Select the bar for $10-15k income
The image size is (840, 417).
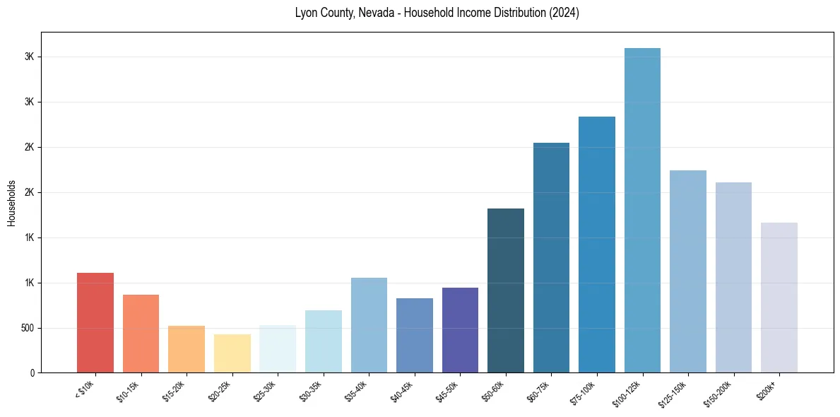pos(141,334)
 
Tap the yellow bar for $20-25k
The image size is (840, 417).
pos(232,353)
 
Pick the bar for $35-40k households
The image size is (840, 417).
pos(369,325)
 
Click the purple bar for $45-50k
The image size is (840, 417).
pos(460,330)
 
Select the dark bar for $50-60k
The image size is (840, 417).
pos(506,290)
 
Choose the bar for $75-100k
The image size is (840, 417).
pos(597,245)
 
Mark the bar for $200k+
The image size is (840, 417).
pos(779,298)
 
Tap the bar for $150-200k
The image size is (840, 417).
pos(733,277)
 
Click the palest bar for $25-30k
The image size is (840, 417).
pos(278,349)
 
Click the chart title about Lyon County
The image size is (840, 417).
pos(437,13)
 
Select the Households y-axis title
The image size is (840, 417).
pos(11,202)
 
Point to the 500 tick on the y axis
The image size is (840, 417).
pos(26,328)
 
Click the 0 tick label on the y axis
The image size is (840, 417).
pos(32,373)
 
